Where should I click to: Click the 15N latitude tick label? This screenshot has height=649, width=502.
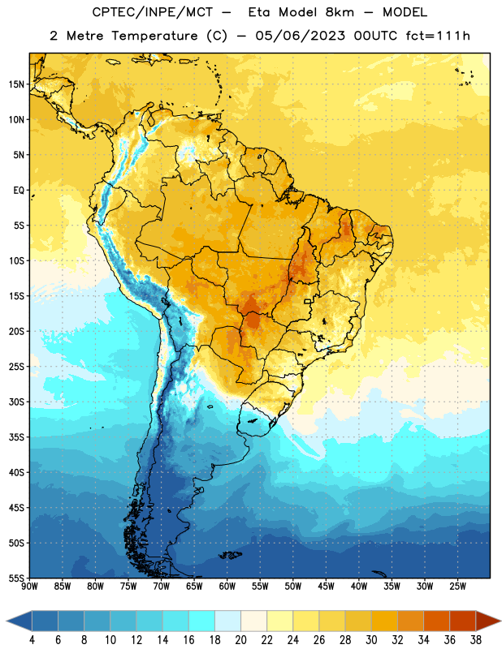tap(16, 84)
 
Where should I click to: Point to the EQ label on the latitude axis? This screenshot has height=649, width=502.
tap(19, 191)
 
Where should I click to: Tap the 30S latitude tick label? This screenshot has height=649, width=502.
tap(16, 402)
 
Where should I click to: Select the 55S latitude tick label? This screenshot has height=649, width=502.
tap(16, 578)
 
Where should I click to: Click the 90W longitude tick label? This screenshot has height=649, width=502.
tap(29, 587)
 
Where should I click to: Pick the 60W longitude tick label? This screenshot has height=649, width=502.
tap(227, 587)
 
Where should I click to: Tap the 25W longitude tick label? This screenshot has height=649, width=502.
tap(457, 587)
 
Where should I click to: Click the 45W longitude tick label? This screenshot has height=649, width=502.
tap(326, 587)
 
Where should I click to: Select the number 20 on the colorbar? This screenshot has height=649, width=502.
tap(240, 640)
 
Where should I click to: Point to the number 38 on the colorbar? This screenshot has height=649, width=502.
tap(476, 640)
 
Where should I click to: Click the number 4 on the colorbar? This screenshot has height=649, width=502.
tap(32, 640)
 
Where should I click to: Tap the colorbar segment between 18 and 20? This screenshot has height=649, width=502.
tap(227, 621)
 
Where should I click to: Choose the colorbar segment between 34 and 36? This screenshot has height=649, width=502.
tap(436, 621)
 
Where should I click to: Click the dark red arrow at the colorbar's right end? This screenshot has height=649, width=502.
tap(488, 621)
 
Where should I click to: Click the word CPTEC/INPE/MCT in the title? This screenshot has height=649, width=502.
tap(153, 12)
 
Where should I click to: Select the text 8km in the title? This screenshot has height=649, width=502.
tap(340, 12)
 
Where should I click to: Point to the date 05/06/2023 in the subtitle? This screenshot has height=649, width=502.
tap(300, 36)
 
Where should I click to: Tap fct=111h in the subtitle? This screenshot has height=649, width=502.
tap(438, 36)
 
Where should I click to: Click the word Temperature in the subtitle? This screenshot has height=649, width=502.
tap(154, 36)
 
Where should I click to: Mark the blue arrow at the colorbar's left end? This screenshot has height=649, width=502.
tap(19, 621)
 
